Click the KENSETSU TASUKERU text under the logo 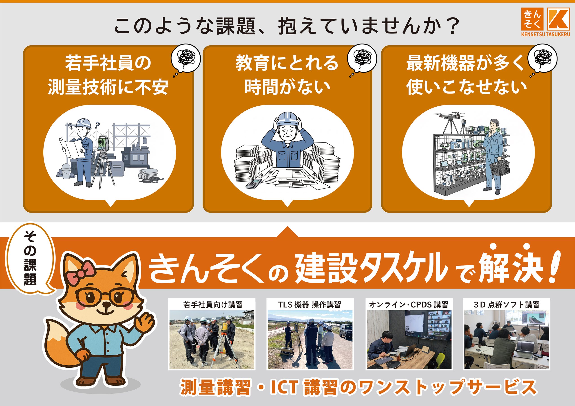point(545,34)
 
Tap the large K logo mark point(558,19)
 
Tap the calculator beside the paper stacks point(254,184)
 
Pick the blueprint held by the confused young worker point(71,148)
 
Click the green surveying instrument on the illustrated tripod point(103,143)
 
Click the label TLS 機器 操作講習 point(310,305)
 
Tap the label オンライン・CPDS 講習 point(409,305)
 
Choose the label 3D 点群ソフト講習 point(506,305)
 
